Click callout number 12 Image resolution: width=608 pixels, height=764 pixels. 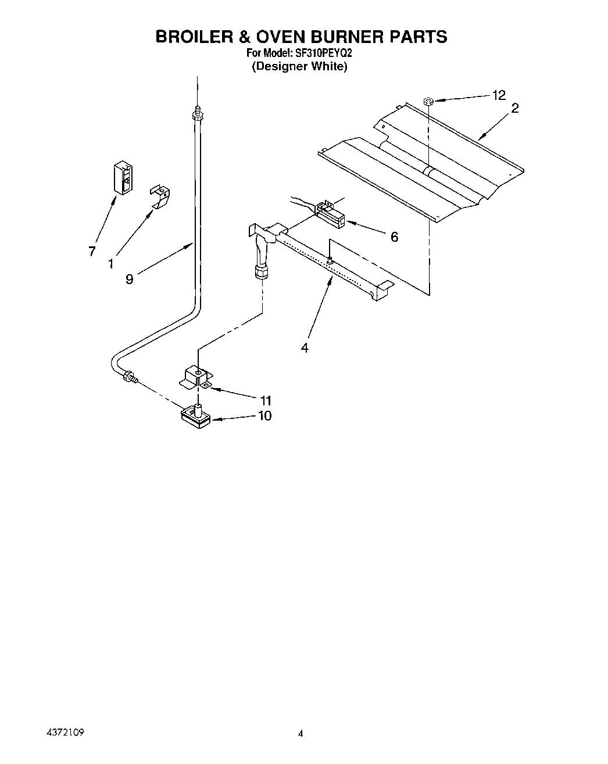point(499,95)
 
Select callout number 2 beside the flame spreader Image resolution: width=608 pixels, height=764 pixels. point(514,108)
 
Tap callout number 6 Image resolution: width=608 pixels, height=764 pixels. point(394,236)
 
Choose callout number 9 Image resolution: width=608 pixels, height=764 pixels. point(129,279)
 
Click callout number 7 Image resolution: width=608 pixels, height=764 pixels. point(92,252)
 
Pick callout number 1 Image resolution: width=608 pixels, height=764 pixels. point(110,263)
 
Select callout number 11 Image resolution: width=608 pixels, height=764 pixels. point(266,400)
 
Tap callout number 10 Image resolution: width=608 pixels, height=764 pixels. point(264,416)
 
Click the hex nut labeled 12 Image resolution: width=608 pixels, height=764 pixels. point(428,102)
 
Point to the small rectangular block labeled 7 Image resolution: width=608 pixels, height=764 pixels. point(123,176)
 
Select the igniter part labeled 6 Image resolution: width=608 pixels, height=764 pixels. point(329,214)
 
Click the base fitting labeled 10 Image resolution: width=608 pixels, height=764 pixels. point(196,417)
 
